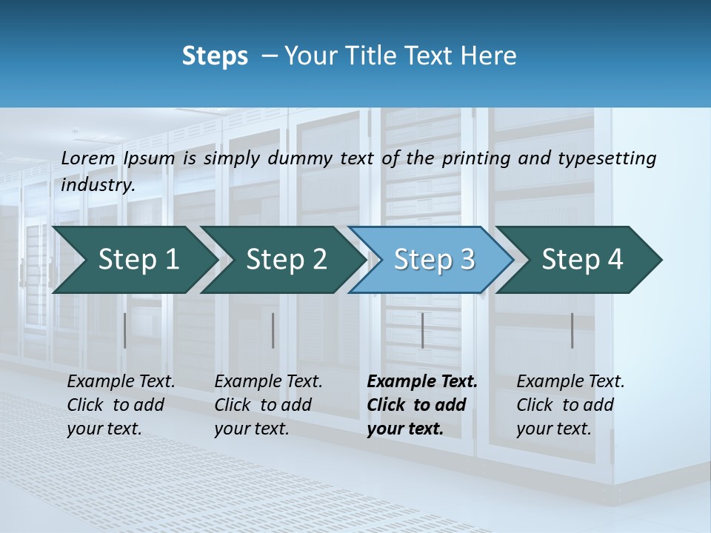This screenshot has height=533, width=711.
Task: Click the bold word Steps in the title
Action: pos(215,56)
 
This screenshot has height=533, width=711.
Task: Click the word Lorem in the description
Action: pos(88,158)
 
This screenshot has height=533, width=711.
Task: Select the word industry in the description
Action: pos(97,185)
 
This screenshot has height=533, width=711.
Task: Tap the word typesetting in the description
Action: pos(604,158)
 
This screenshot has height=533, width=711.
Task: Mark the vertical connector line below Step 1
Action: pos(125,330)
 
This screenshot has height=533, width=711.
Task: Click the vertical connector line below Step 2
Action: pos(273,330)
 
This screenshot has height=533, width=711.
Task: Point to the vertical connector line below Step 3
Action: pos(422,330)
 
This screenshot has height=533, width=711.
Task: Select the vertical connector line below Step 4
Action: pos(572,330)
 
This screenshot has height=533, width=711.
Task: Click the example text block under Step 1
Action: pos(121,405)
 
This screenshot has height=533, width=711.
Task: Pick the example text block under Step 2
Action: pos(268,405)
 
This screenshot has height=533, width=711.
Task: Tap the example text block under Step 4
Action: pos(570,405)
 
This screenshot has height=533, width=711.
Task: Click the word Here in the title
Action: pos(492,56)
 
